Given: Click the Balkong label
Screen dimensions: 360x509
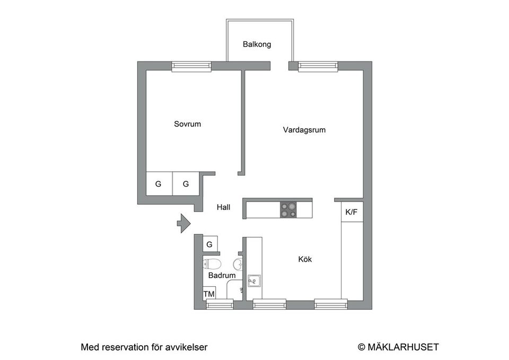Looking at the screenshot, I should tap(257, 45).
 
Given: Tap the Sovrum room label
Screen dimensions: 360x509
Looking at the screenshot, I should tap(187, 124).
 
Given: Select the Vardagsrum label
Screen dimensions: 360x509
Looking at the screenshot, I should tap(304, 129).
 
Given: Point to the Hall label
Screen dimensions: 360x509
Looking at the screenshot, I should tap(223, 208).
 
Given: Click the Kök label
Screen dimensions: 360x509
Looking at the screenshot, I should tap(305, 259).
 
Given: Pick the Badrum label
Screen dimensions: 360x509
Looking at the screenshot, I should tap(222, 276).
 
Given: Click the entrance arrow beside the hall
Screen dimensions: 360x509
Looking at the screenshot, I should tap(183, 223).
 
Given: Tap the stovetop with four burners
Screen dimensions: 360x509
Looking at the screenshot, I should tap(288, 210).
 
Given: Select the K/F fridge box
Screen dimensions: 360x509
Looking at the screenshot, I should tap(352, 212).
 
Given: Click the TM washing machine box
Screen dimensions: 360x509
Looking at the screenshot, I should tap(209, 294).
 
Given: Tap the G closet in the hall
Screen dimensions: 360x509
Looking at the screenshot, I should tap(209, 244).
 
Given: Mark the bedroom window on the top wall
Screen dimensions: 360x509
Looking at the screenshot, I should tap(191, 66).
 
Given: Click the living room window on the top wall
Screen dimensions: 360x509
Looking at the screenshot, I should tap(318, 66).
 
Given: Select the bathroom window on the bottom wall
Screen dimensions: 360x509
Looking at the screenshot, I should tap(220, 304).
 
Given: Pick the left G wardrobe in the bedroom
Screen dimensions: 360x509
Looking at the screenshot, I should tap(158, 184).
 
